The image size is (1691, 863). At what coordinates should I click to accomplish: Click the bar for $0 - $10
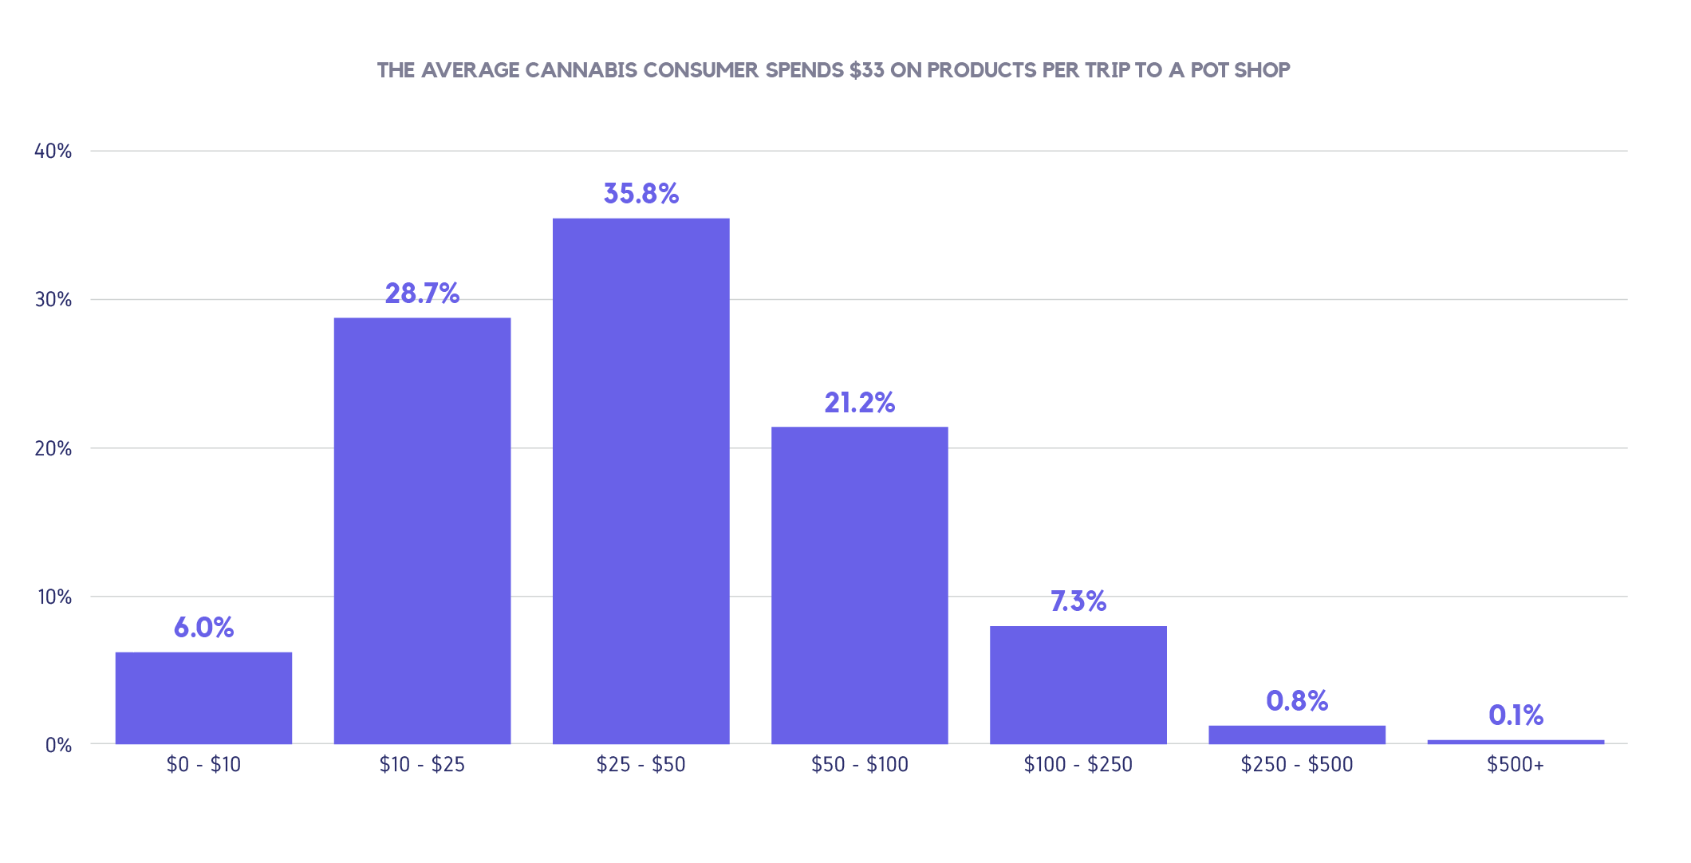click(x=203, y=698)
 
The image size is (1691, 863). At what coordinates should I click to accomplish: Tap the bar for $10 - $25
click(x=422, y=530)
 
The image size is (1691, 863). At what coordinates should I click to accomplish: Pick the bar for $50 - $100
click(x=859, y=585)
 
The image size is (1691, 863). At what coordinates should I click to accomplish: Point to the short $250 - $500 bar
click(x=1296, y=735)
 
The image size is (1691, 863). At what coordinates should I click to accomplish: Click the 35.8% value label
click(x=641, y=194)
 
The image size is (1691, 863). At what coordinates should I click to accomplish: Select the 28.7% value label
click(x=422, y=294)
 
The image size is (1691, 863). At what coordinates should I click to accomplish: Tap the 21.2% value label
click(x=859, y=403)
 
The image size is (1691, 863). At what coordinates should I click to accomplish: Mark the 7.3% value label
click(x=1078, y=601)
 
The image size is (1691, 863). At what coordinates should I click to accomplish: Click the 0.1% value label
click(x=1516, y=715)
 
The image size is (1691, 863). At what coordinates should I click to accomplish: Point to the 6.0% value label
click(x=203, y=628)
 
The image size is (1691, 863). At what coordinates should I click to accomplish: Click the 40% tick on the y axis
click(x=53, y=152)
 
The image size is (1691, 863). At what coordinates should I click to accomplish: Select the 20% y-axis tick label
click(x=53, y=448)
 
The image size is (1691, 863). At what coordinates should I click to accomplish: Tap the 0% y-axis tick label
click(x=58, y=745)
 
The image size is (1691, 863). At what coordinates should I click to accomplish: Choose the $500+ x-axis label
click(x=1516, y=765)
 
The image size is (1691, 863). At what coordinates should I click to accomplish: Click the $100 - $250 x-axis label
click(x=1078, y=765)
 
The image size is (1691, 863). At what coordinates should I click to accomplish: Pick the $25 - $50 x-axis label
click(x=641, y=765)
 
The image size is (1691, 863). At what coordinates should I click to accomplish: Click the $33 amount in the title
click(x=866, y=70)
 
